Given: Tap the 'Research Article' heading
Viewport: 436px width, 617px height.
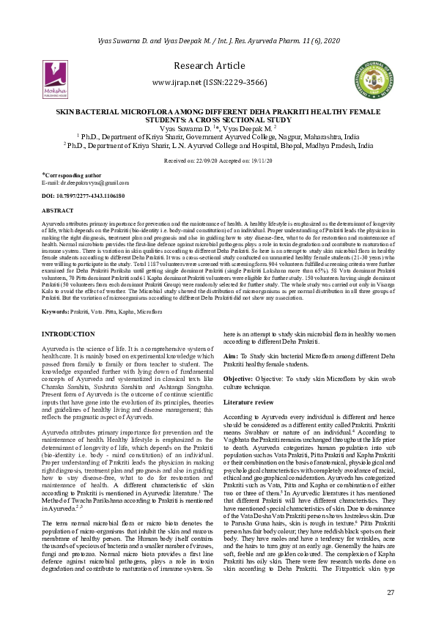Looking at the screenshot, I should pos(218,66).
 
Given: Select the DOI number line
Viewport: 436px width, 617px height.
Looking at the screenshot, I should pos(81,196).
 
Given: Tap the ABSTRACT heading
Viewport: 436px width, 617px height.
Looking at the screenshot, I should pos(58,210).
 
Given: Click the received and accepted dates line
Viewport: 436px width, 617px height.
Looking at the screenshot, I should pos(218,159).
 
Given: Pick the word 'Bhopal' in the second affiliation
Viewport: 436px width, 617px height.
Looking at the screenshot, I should pos(291,146).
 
